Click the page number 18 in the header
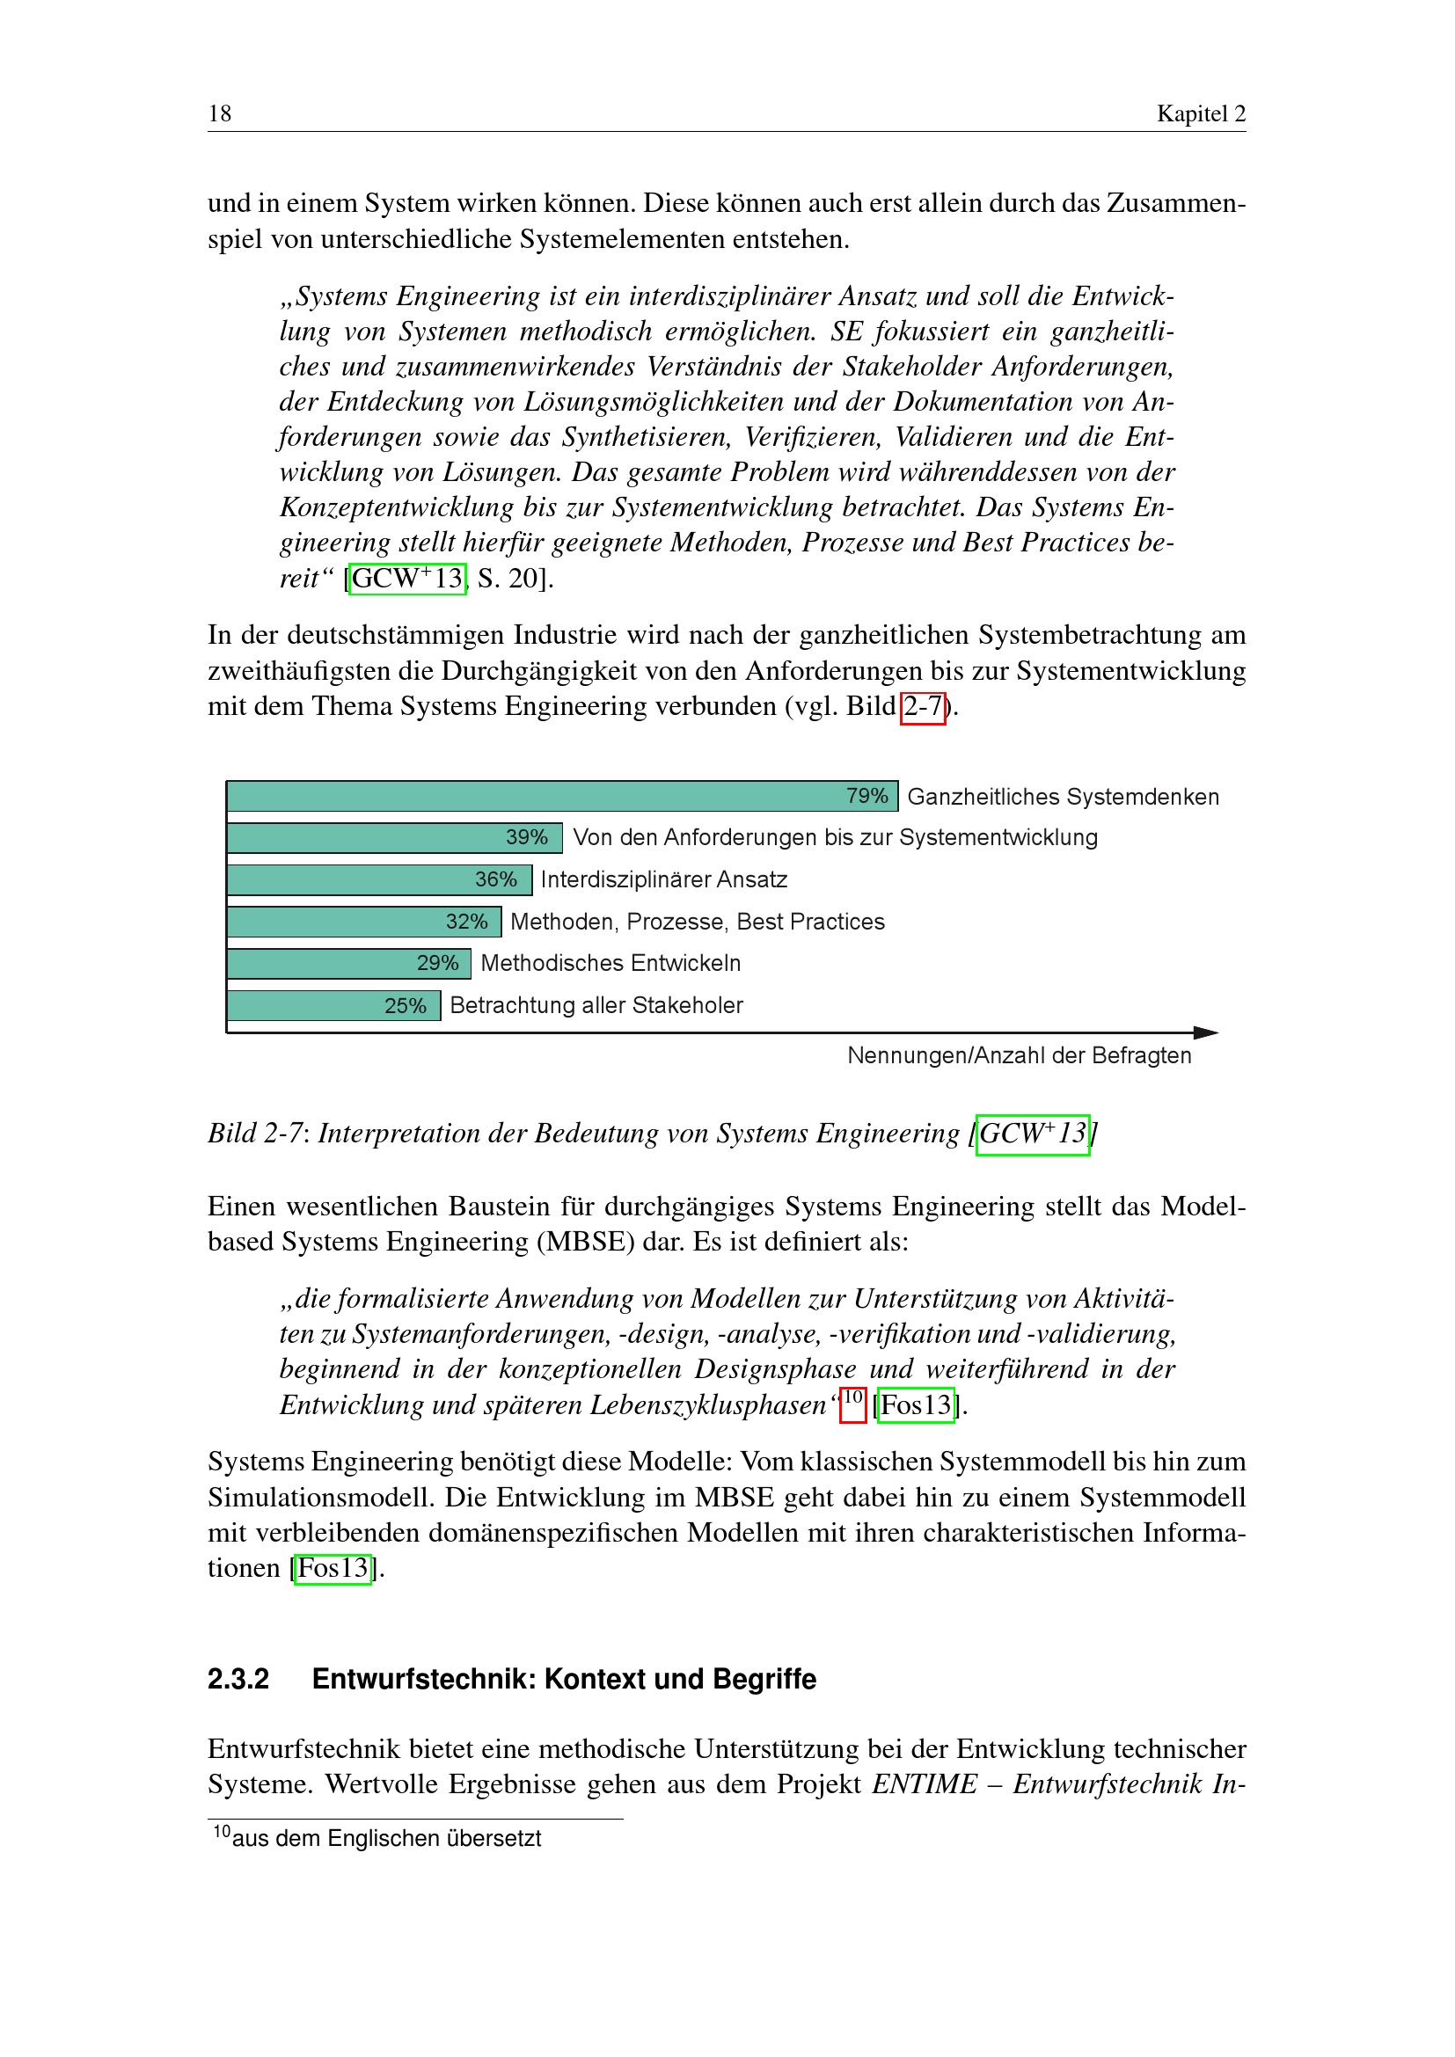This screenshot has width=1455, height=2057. point(220,113)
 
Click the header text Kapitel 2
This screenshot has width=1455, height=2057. point(1201,113)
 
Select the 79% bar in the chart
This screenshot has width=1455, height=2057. point(537,796)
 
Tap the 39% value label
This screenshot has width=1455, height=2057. point(526,836)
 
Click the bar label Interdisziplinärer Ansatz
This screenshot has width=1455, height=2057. point(664,879)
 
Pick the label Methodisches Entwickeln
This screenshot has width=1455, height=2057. point(611,963)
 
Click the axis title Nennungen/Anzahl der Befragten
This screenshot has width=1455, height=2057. point(1019,1055)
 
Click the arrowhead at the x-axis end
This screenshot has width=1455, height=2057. point(1206,1033)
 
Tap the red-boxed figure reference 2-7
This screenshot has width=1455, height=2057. point(923,707)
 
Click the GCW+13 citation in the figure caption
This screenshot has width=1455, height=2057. point(1032,1134)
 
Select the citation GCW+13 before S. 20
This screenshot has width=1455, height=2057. point(407,579)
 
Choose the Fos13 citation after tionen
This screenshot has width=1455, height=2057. point(333,1568)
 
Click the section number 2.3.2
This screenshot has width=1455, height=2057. point(238,1678)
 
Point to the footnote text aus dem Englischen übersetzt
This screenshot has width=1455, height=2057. point(386,1838)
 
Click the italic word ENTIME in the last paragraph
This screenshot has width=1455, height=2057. point(925,1783)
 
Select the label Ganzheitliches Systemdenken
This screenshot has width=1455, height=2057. point(1063,797)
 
